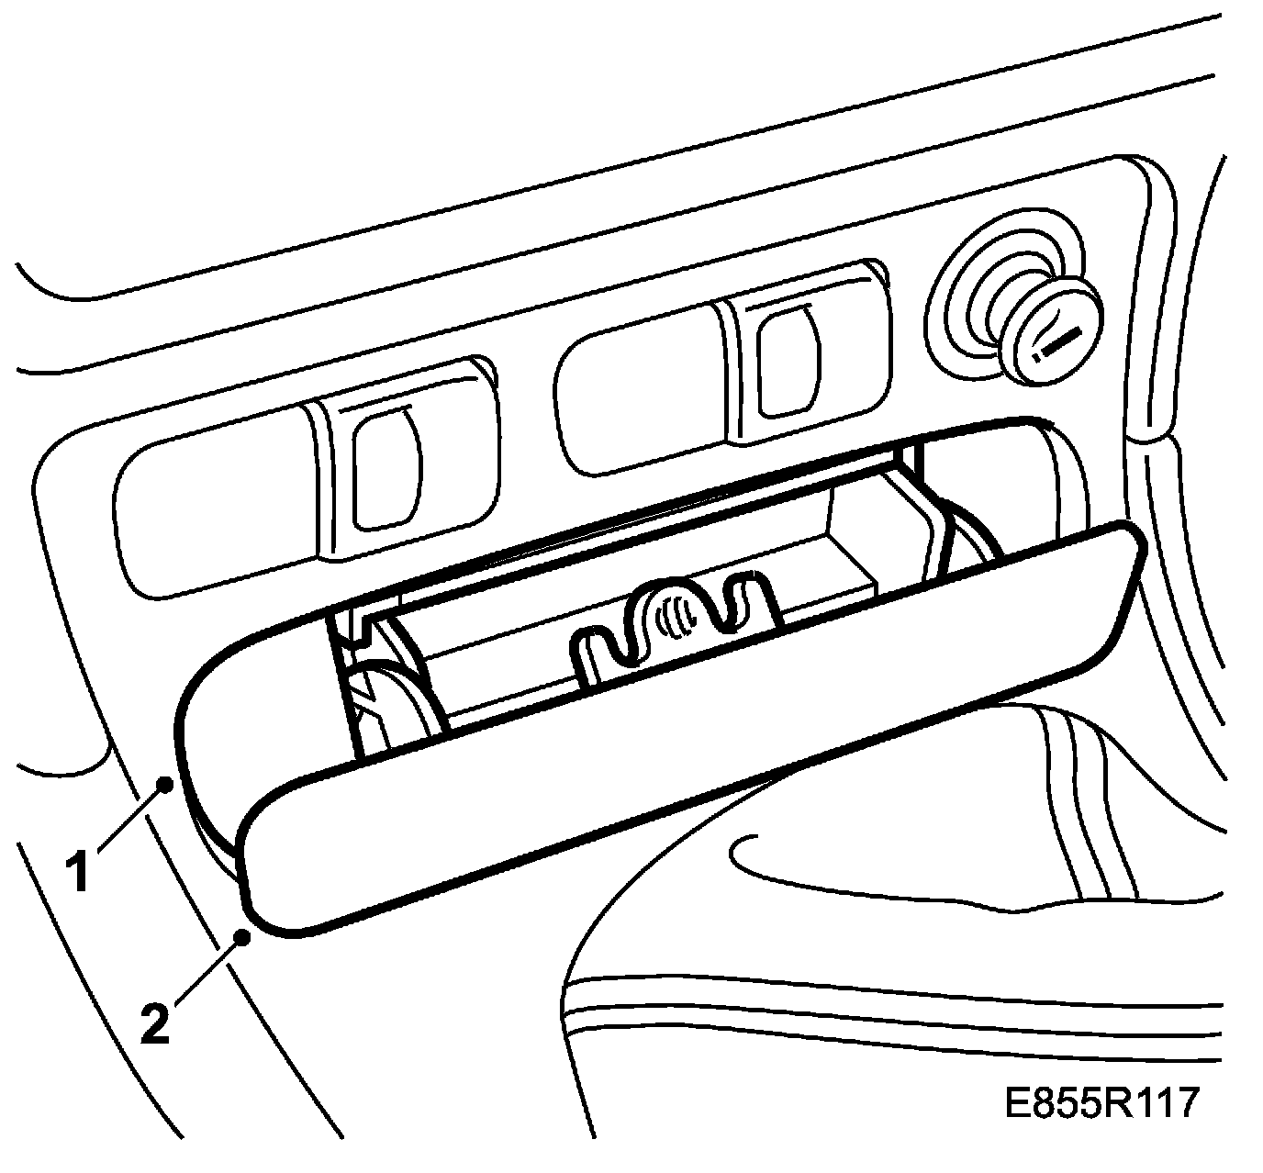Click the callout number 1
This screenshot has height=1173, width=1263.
click(80, 871)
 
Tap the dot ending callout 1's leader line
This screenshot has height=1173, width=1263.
click(164, 783)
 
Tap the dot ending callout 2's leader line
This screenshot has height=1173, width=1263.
click(243, 937)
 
